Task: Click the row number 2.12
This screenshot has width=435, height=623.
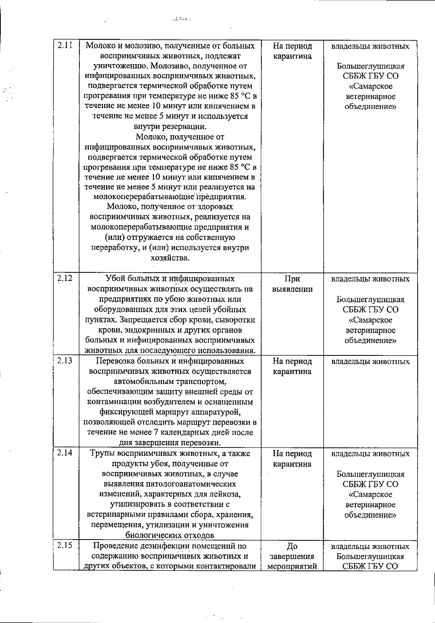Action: click(x=65, y=278)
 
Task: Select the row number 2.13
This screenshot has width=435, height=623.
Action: click(x=65, y=360)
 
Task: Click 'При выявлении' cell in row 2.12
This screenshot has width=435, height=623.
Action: click(x=292, y=284)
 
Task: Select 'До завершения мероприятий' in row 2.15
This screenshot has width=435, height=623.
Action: click(x=292, y=556)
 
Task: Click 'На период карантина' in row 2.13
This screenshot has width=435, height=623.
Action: click(x=292, y=366)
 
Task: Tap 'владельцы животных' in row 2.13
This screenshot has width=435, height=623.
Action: click(x=370, y=362)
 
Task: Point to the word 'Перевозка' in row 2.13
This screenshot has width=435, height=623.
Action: click(x=115, y=362)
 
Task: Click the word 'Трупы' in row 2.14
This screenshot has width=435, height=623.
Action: click(x=101, y=454)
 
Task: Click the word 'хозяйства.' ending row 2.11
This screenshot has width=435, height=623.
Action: click(x=170, y=258)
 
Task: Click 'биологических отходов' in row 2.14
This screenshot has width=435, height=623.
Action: click(x=170, y=535)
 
